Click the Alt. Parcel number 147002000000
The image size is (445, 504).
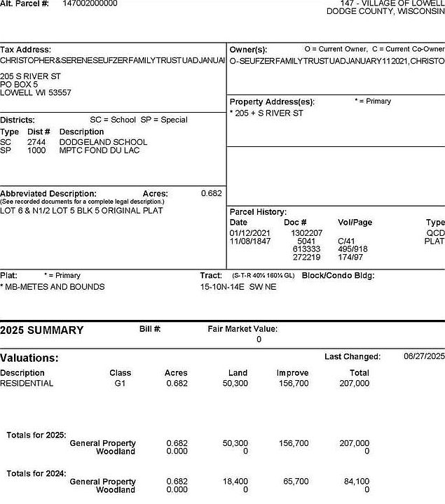[x=90, y=3]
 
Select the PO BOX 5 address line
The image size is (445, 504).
[x=19, y=84]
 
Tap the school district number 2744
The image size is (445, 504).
[x=36, y=142]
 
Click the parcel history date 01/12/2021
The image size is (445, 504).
[x=249, y=233]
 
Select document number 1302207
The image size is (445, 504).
[x=306, y=233]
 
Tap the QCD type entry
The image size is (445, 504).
[x=435, y=233]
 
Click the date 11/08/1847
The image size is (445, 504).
[x=249, y=241]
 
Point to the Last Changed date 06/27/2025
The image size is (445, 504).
[x=424, y=356]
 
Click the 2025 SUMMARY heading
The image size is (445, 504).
[x=42, y=330]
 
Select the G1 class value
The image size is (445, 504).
[x=120, y=384]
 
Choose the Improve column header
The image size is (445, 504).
[x=292, y=373]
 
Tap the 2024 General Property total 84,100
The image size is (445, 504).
[x=357, y=482]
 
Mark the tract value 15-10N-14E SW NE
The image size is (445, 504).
[x=238, y=287]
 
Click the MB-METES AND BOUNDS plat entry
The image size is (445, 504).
[x=53, y=287]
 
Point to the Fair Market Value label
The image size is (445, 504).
[x=242, y=329]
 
